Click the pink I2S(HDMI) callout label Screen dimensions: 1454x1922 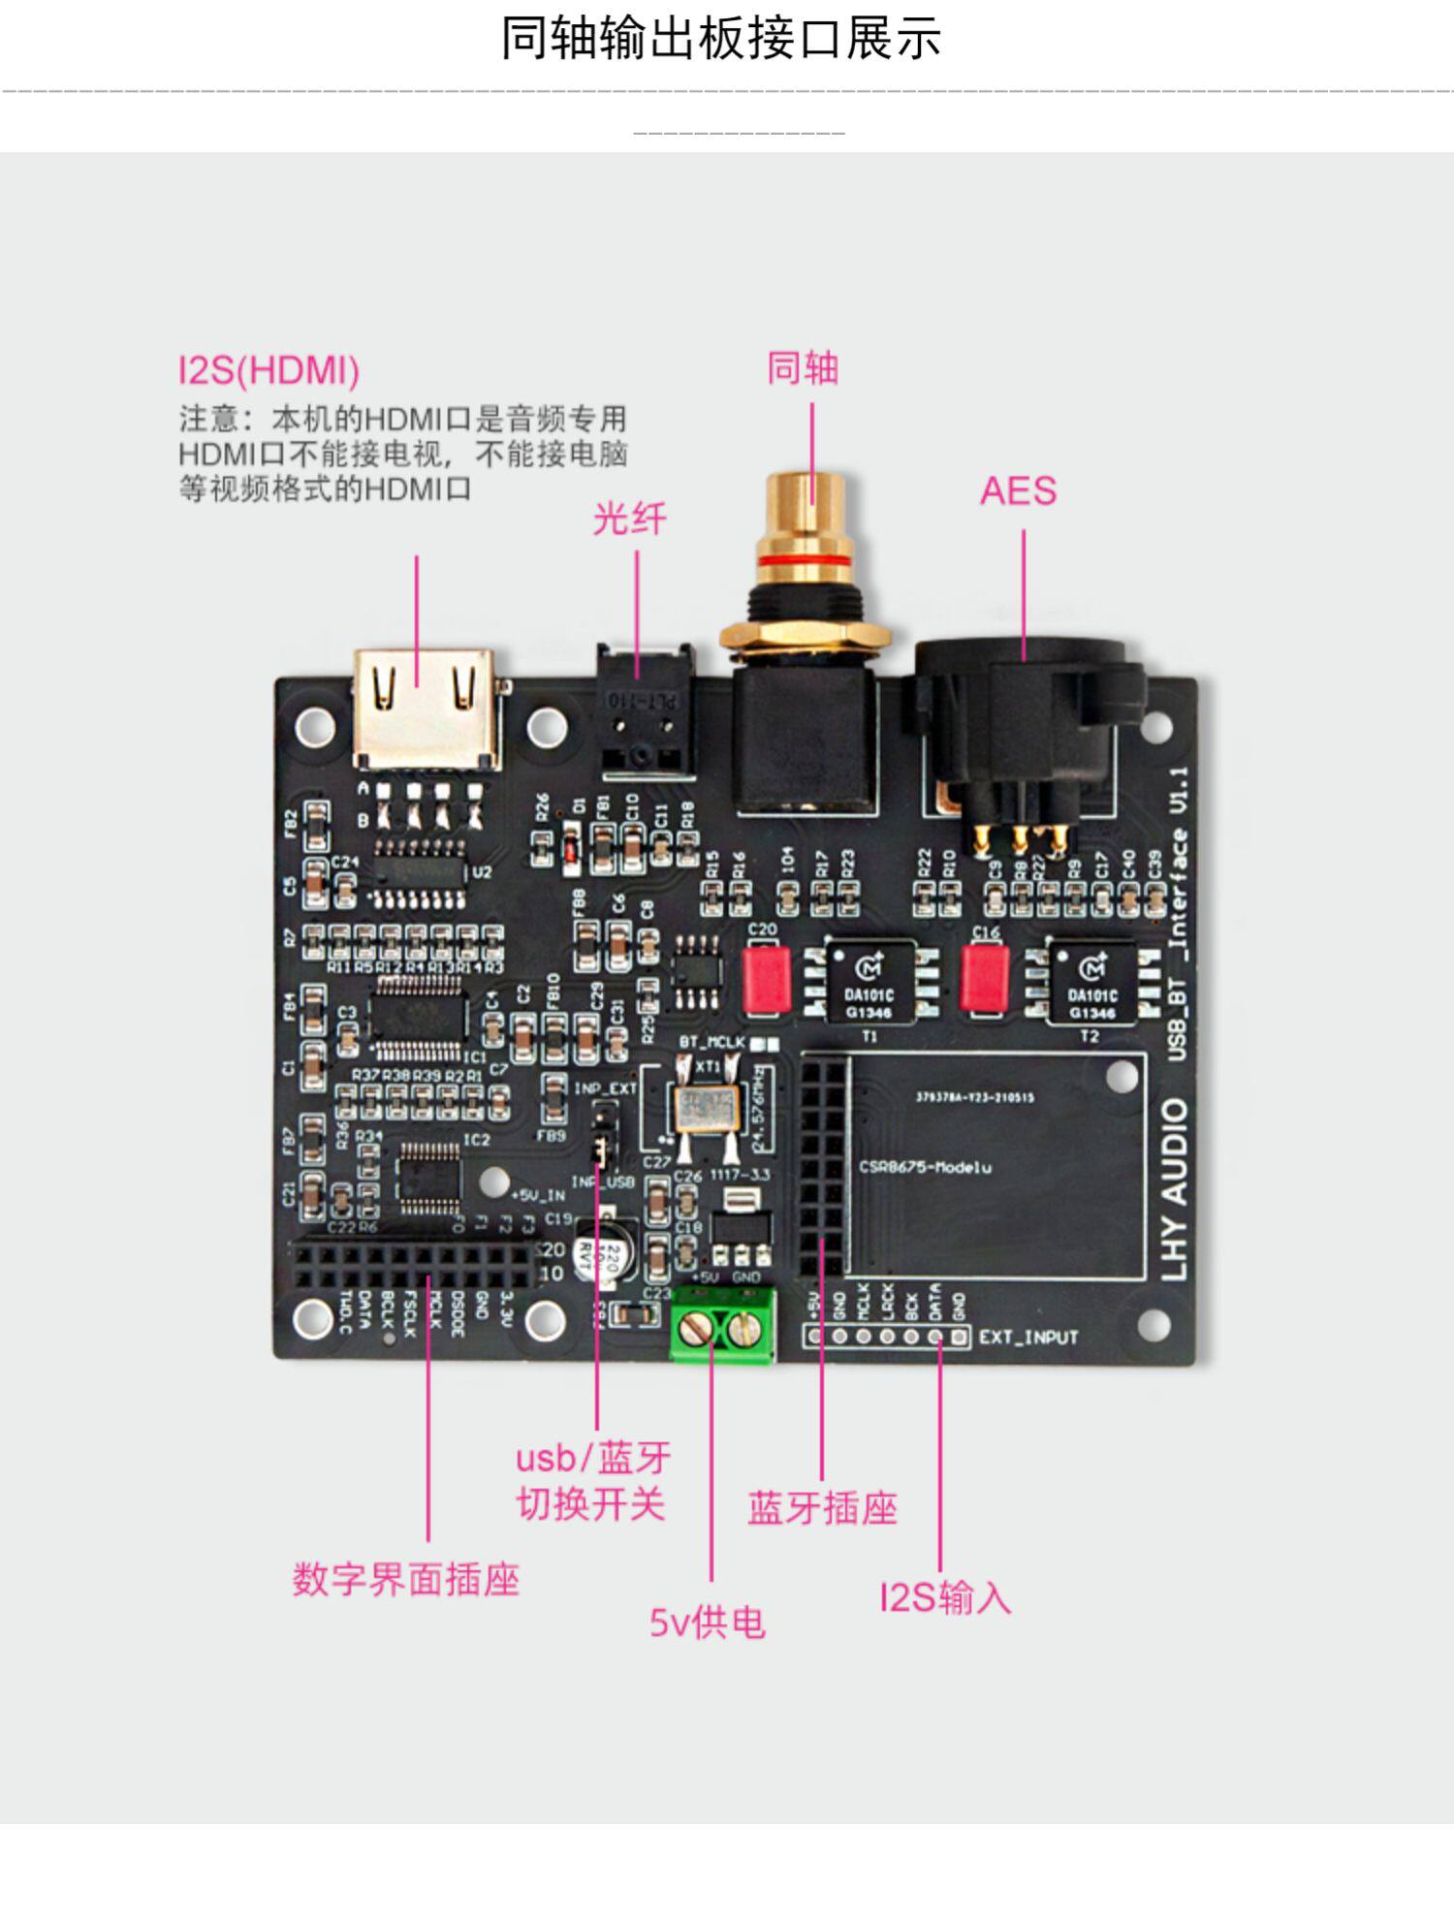[x=269, y=370]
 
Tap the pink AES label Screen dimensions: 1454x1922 [x=1018, y=490]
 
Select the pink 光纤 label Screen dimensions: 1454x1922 [x=630, y=520]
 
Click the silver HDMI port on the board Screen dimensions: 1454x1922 [x=427, y=708]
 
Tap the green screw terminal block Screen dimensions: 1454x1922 [x=722, y=1327]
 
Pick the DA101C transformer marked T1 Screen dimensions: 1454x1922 [x=869, y=981]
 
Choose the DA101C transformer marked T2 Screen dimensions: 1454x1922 [x=1092, y=981]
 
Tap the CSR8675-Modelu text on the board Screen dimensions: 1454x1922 [x=925, y=1167]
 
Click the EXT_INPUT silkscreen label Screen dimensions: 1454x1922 [x=1028, y=1338]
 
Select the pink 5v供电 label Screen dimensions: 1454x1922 [x=708, y=1623]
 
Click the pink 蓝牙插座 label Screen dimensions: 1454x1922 [x=822, y=1508]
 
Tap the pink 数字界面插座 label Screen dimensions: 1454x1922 [x=406, y=1579]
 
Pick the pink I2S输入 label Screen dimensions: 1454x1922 [x=945, y=1597]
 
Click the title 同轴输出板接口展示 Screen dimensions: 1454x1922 [x=721, y=40]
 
